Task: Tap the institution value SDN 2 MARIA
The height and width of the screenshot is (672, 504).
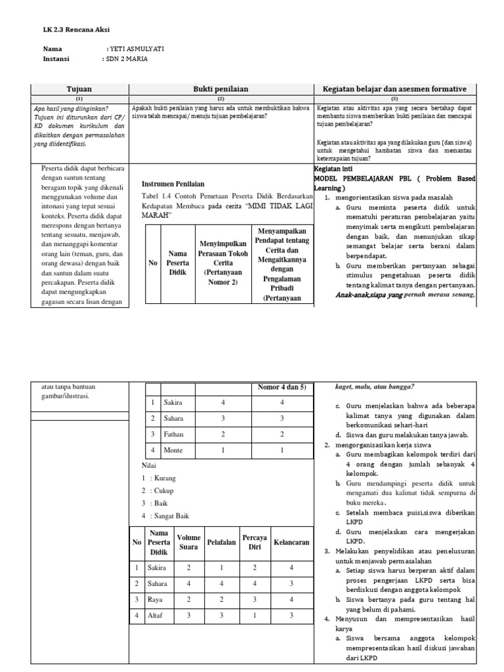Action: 127,59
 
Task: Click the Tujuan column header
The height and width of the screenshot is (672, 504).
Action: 79,89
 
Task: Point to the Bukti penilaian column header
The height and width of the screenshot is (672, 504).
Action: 220,89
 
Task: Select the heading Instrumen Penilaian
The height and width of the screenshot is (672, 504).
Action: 173,184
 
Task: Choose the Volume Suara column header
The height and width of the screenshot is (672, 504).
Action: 189,543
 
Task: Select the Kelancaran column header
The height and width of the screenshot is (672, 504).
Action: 291,543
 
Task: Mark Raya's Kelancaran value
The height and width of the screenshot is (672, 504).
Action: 291,600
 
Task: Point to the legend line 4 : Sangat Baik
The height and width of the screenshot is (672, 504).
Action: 161,516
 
